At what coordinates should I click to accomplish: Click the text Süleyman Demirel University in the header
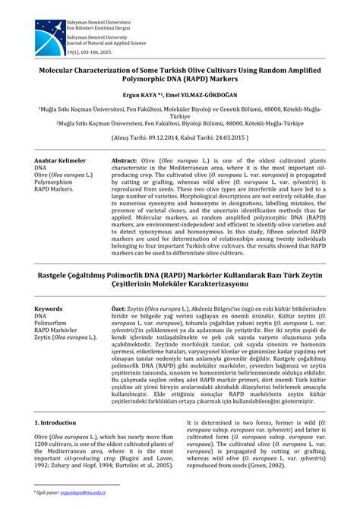pos(96,36)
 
